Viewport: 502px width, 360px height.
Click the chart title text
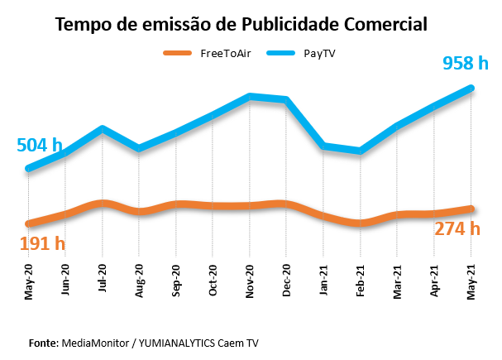(241, 25)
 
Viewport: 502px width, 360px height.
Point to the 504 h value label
(40, 146)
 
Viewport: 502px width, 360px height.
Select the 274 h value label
(457, 228)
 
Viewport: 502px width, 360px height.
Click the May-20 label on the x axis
(29, 281)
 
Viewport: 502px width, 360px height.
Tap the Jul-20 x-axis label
(103, 281)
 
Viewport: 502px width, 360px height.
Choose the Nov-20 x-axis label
(251, 281)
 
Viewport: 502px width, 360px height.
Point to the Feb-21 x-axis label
(361, 281)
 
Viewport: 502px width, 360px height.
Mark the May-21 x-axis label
(472, 281)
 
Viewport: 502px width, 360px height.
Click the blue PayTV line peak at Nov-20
(250, 97)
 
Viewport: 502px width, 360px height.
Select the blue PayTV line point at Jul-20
(102, 128)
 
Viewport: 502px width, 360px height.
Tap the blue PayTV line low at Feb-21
(361, 151)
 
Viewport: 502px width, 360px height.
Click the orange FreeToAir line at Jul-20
(102, 203)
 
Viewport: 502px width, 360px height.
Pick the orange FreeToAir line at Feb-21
(361, 223)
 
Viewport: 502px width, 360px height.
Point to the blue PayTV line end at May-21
(471, 87)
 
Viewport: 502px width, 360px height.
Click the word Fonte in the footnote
(42, 342)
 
